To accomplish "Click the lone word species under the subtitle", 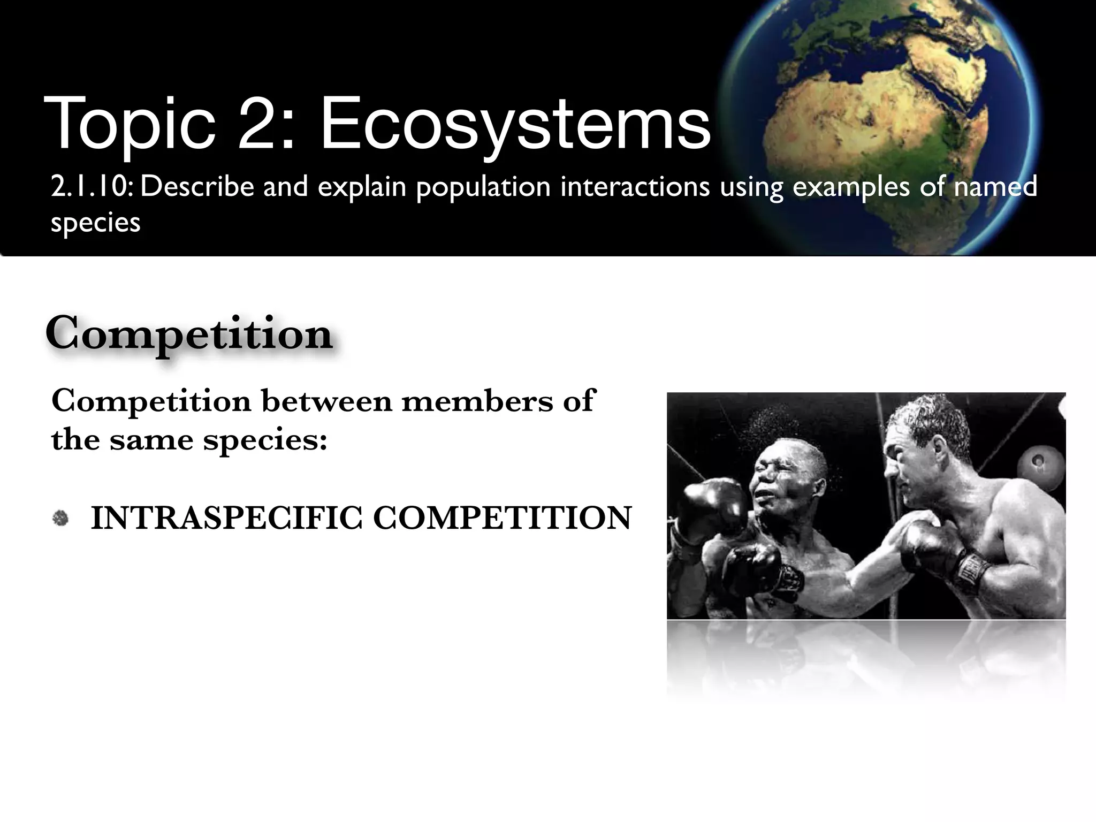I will [95, 223].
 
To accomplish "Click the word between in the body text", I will [326, 401].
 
